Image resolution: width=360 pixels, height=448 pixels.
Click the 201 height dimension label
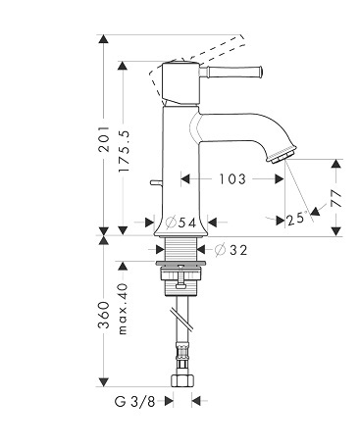104,139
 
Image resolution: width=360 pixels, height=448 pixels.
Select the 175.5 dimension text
124,151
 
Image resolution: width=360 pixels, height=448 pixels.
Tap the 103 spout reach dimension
232,178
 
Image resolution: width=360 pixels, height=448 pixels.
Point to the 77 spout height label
335,198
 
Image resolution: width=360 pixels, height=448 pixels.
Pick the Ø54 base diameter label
180,223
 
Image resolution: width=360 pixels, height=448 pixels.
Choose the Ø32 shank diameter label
231,250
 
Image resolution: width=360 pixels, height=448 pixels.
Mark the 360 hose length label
104,315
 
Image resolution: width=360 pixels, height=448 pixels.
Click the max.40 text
123,309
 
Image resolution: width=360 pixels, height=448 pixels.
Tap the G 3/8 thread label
134,401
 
